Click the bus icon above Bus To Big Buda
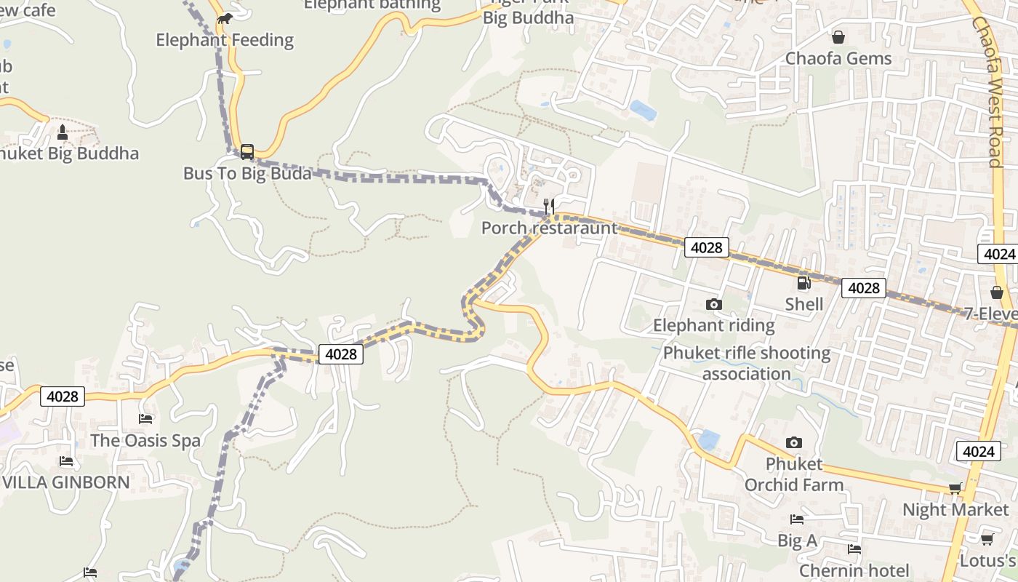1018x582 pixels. (247, 152)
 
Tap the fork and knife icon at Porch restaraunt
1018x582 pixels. (550, 207)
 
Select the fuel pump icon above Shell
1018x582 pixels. (803, 283)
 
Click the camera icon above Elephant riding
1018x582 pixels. (714, 304)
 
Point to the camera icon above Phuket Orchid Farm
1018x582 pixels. (794, 442)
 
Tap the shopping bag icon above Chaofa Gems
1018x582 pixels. (838, 37)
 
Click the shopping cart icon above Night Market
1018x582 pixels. (955, 489)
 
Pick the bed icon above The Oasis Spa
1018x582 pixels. (145, 419)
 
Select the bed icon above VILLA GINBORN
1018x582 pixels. (66, 461)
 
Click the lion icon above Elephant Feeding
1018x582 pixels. (225, 18)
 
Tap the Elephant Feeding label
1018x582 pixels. (225, 40)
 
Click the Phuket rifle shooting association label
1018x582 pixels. (746, 364)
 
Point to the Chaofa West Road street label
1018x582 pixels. (993, 92)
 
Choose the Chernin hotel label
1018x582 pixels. (854, 570)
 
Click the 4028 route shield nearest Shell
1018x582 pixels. (864, 288)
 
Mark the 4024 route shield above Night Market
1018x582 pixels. (978, 451)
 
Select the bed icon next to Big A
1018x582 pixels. (797, 519)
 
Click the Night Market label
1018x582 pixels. (955, 510)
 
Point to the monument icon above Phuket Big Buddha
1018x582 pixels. (62, 132)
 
